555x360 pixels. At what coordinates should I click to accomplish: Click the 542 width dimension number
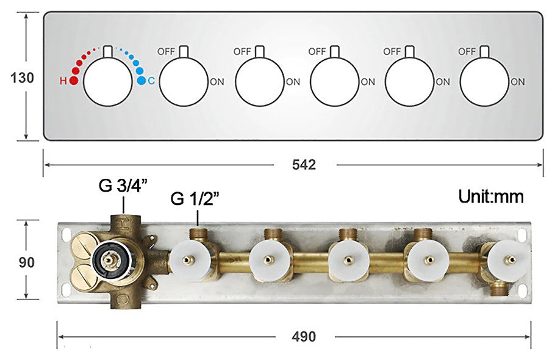point(304,165)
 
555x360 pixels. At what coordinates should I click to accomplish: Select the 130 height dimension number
point(22,77)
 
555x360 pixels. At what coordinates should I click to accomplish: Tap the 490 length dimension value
point(304,336)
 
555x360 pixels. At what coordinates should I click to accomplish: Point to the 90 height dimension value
point(27,262)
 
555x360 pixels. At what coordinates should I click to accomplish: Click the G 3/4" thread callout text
point(123,185)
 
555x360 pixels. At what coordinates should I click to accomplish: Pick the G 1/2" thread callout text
point(195,198)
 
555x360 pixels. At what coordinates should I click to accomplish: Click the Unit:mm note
point(491,196)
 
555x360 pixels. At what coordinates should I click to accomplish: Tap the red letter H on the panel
point(63,81)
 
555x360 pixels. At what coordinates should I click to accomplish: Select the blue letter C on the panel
point(151,81)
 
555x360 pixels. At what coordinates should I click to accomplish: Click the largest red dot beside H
point(74,81)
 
